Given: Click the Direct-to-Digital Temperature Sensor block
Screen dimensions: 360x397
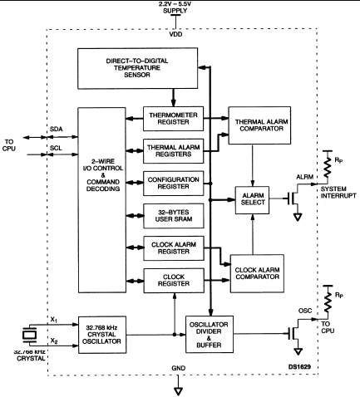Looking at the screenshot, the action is [x=137, y=68].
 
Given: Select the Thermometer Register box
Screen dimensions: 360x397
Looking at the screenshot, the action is [x=173, y=119].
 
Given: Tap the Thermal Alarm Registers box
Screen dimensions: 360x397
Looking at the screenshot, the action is [x=173, y=151].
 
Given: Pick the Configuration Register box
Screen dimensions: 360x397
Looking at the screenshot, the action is [x=173, y=184].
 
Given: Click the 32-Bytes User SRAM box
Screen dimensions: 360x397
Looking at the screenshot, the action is [x=174, y=216].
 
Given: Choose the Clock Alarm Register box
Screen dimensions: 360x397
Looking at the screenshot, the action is [x=174, y=248].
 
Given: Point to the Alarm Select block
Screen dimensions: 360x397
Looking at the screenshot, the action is [x=252, y=200].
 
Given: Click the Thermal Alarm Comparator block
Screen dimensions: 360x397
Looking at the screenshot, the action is [x=259, y=125].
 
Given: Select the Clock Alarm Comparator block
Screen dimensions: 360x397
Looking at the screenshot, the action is [x=257, y=273].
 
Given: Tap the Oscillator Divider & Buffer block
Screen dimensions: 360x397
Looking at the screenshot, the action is [x=210, y=335].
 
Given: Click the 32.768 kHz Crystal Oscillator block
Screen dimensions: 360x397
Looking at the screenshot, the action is [x=102, y=335].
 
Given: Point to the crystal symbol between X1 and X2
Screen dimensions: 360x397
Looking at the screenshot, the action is [x=29, y=335].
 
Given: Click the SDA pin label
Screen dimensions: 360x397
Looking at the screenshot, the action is [x=57, y=129].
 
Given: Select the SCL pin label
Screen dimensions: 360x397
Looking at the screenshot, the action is [x=56, y=148].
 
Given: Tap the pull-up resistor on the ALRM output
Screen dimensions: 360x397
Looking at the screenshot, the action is [x=328, y=168].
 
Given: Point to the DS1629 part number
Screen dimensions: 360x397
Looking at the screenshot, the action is [x=299, y=367].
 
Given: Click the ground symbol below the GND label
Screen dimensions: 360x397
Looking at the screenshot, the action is [x=178, y=391].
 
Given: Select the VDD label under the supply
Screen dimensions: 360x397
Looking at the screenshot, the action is [x=175, y=34].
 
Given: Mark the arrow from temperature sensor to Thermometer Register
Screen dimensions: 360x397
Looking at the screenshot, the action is [x=174, y=98].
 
